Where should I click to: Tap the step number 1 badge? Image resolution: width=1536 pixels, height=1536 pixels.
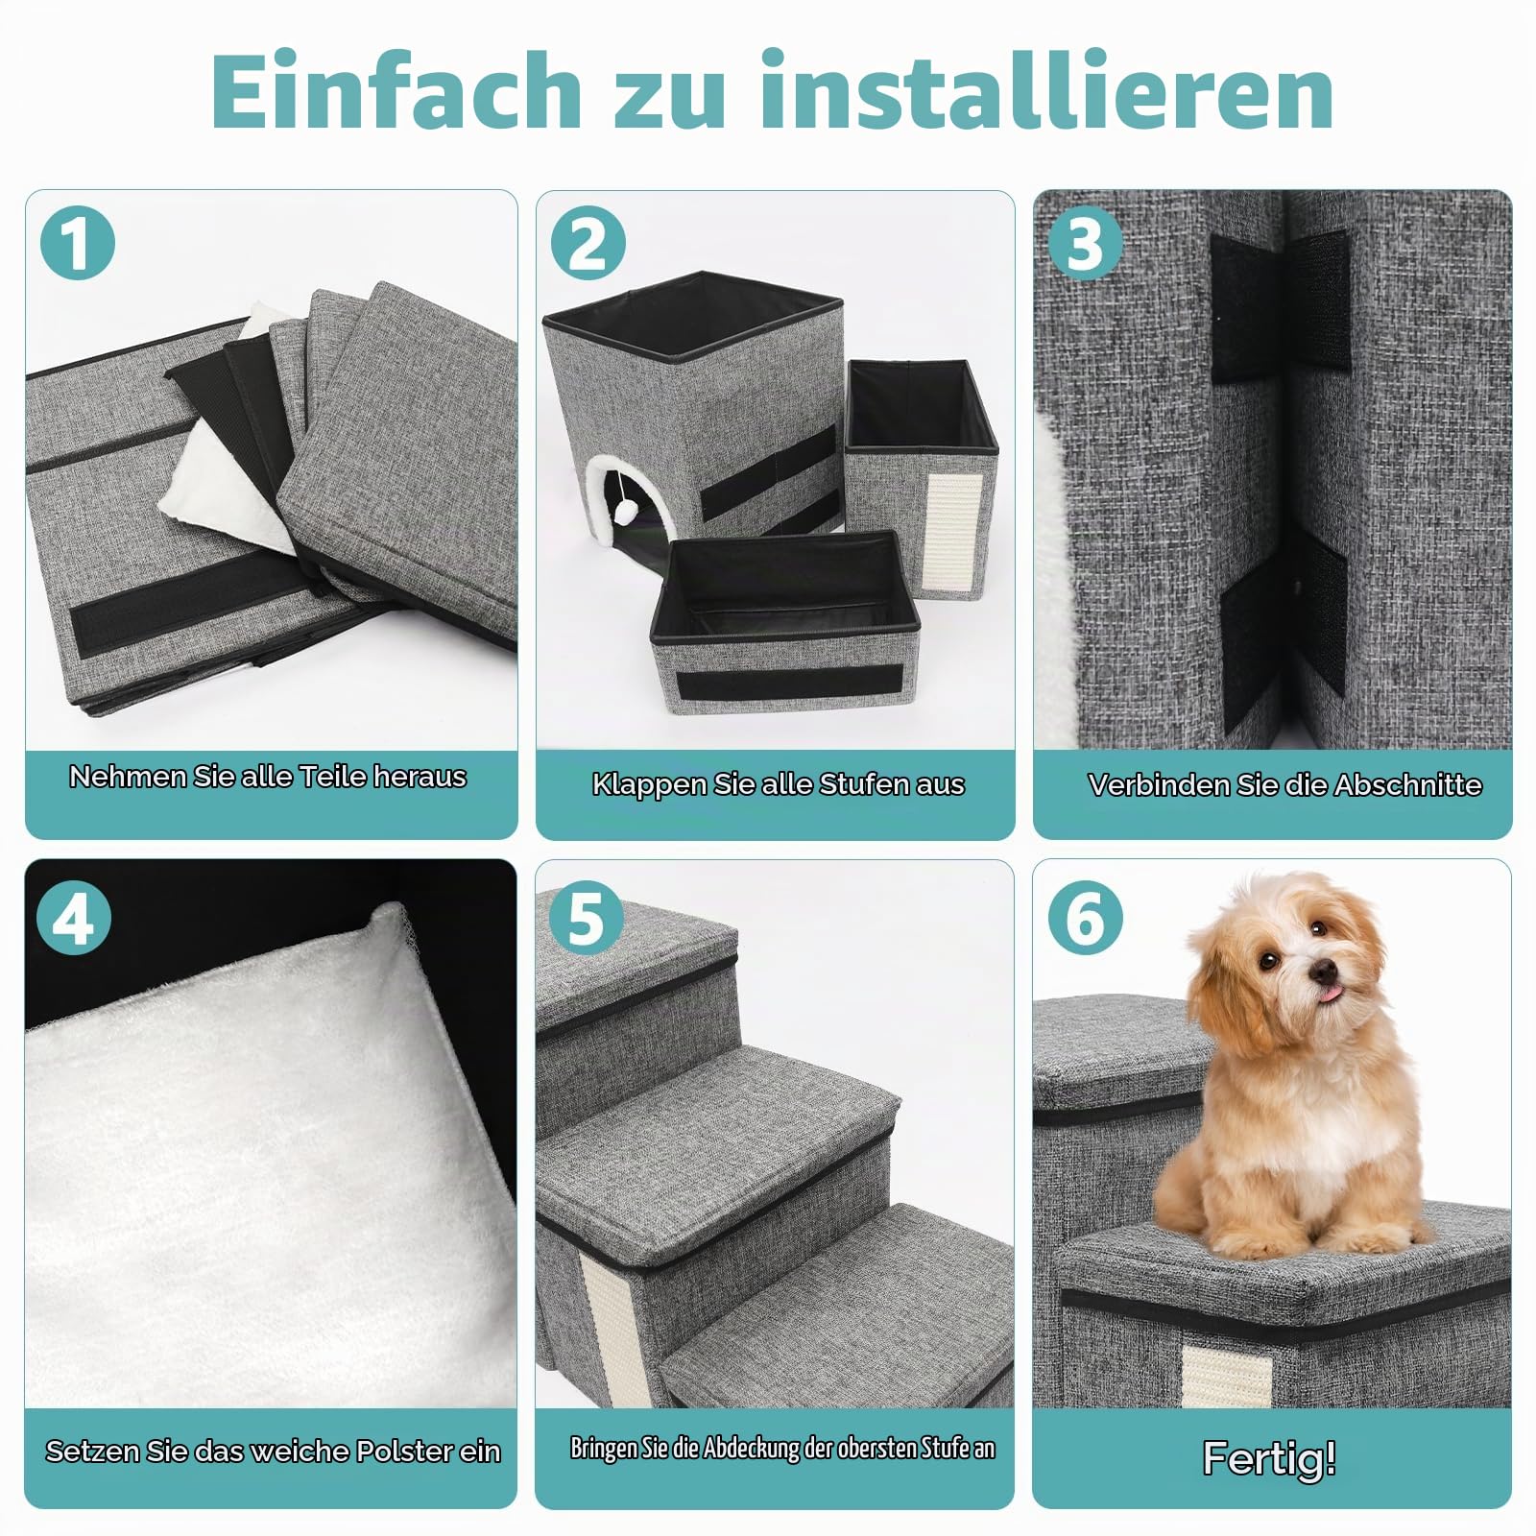(x=77, y=243)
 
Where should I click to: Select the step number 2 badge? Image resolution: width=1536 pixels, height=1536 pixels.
(x=588, y=243)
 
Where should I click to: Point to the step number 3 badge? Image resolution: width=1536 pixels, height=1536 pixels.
(x=1084, y=243)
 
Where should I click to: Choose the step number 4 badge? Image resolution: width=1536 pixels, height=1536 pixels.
(x=74, y=919)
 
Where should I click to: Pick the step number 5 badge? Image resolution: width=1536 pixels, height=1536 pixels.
(x=586, y=919)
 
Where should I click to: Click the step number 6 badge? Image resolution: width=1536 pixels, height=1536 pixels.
(x=1085, y=919)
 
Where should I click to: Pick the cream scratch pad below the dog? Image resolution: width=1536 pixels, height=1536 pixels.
(x=1226, y=1376)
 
